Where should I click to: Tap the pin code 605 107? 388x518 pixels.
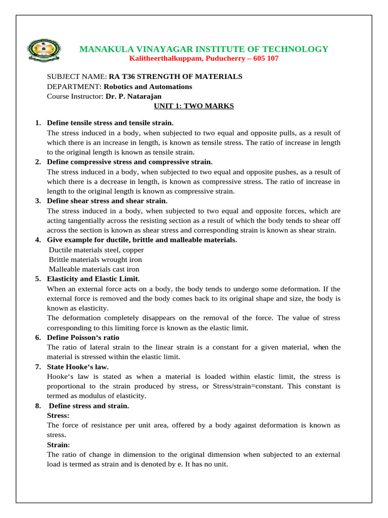pos(262,59)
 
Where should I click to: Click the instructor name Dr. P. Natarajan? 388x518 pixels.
pos(134,96)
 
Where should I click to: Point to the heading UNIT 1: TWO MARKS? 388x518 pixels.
pos(193,106)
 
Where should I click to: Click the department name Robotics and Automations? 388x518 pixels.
pos(152,87)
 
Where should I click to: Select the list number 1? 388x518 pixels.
pos(38,123)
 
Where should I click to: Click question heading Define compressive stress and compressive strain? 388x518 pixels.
pos(129,162)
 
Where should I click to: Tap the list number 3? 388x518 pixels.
pos(38,201)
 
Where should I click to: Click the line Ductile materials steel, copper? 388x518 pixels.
pos(96,250)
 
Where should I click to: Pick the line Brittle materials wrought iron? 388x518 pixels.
pos(95,260)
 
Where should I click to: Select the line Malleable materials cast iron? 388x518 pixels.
pos(94,269)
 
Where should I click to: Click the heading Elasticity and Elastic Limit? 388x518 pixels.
pos(93,279)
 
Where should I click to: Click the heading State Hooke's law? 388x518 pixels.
pos(77,367)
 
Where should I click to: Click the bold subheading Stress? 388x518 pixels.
pos(58,415)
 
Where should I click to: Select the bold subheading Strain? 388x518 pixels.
pos(58,445)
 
